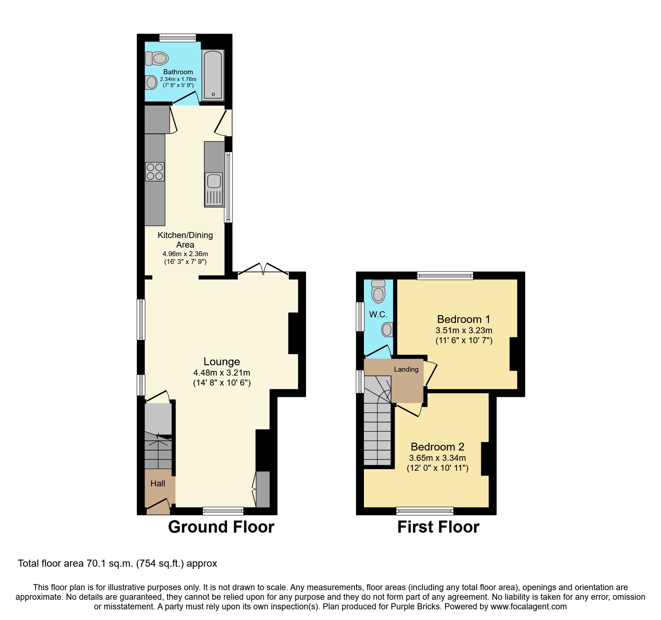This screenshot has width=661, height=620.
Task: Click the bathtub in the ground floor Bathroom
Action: (x=213, y=75)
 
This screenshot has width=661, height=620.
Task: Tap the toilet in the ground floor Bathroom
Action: (x=157, y=58)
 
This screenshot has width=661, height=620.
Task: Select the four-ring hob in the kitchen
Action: (x=155, y=172)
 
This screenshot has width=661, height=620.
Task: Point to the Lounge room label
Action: (x=221, y=361)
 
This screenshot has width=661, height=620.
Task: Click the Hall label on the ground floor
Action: (x=157, y=484)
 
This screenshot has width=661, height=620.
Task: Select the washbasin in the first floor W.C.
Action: (x=387, y=329)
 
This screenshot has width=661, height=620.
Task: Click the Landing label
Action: (x=406, y=369)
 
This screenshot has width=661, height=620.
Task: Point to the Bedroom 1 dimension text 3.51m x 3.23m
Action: (x=464, y=330)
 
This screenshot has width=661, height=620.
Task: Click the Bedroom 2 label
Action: (x=437, y=447)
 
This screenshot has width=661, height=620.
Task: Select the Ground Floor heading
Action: (x=221, y=527)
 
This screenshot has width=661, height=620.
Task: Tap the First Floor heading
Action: (x=438, y=527)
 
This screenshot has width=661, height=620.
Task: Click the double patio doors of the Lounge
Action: (x=263, y=269)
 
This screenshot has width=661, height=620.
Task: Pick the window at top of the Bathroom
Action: (x=177, y=38)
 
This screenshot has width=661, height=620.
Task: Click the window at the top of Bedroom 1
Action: (x=445, y=275)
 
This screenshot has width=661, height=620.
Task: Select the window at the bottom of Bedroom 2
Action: (x=425, y=511)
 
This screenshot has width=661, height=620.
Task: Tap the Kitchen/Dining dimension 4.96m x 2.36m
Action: (x=185, y=254)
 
